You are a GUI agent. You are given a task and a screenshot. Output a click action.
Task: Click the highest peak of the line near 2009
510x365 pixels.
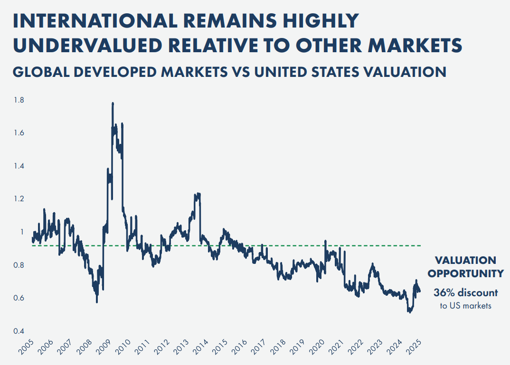[x=113, y=103]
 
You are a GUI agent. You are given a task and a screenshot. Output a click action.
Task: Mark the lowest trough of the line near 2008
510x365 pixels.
[x=97, y=302]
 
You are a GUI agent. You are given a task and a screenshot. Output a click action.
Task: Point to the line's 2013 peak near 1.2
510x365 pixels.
[x=197, y=194]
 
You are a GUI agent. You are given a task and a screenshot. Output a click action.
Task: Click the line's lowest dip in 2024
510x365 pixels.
[x=409, y=312]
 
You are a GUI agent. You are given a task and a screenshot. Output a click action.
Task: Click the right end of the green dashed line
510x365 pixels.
[x=421, y=245]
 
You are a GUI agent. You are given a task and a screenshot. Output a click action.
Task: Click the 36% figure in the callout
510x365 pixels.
[x=444, y=292]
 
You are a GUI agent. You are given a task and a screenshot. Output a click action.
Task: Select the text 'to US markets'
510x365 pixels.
[x=465, y=306]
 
